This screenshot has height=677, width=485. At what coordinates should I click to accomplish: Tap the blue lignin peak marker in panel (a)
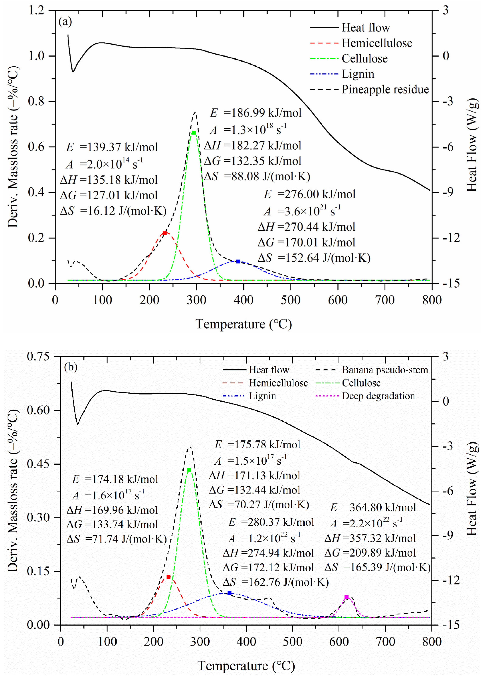pyautogui.click(x=238, y=261)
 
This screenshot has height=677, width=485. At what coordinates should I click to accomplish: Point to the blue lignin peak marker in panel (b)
pyautogui.click(x=229, y=593)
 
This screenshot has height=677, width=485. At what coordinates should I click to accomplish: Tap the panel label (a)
pyautogui.click(x=65, y=22)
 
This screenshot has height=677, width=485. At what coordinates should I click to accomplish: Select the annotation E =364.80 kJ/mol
pyautogui.click(x=373, y=507)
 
